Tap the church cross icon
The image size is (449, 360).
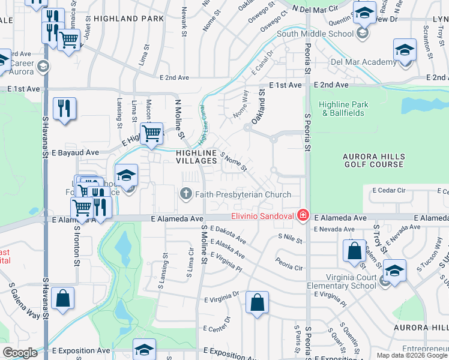click(185, 194)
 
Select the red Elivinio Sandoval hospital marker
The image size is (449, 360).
click(303, 215)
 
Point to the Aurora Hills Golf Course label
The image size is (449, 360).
click(373, 160)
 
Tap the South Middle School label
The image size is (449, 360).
click(315, 34)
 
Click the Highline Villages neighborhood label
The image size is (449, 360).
click(196, 157)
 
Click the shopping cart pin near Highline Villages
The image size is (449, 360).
click(152, 133)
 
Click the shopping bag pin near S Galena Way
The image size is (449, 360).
click(62, 298)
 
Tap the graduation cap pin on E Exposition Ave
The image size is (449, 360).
click(144, 349)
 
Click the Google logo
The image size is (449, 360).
click(20, 353)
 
